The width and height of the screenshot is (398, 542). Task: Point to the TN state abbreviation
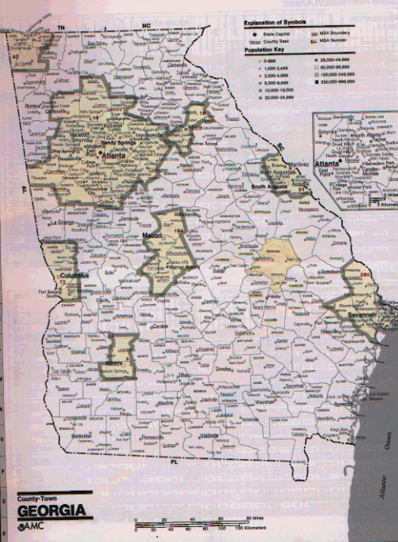59,28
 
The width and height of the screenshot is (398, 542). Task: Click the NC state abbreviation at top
145,27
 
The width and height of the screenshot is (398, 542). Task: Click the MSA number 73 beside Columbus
62,282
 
